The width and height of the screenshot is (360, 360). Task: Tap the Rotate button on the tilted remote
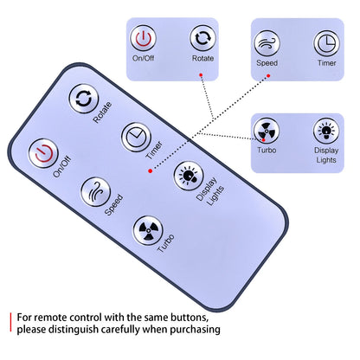pos(84,99)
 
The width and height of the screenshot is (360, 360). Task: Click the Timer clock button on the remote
pos(136,138)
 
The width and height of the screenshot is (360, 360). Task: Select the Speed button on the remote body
pos(95,192)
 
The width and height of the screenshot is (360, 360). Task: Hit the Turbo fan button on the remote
pos(148,230)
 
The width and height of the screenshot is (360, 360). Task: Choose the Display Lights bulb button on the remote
pos(189,176)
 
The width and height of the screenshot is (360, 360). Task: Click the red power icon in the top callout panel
pos(144,38)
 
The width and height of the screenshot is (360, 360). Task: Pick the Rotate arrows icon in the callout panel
pos(202,38)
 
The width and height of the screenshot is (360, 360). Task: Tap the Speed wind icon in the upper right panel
pos(267,43)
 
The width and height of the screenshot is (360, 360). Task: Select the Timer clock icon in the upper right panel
pos(326,43)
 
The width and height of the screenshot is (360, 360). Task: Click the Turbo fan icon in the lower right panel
pos(267,131)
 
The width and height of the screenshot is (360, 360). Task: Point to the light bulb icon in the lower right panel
pos(326,131)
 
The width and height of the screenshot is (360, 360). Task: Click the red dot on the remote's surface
pos(150,171)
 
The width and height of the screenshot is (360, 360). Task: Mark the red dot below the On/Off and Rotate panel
pos(201,75)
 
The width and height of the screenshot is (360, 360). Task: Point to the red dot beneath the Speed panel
pos(268,76)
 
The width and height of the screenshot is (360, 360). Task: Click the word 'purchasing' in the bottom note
pos(195,329)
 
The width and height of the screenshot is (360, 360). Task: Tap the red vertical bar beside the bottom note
pos(11,322)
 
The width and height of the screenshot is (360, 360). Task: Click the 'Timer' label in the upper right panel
pos(327,63)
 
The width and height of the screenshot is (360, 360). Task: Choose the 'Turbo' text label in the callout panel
pos(267,150)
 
